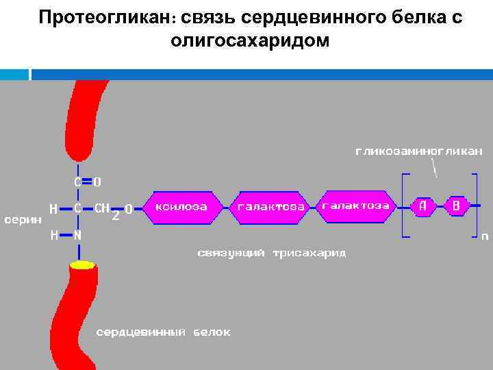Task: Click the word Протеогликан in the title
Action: pos(106,17)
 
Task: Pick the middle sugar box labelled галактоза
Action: pos(272,206)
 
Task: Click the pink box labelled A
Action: pos(423,205)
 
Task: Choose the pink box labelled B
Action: pos(457,205)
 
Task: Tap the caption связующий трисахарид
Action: pos(272,253)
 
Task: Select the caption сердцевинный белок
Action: pos(162,332)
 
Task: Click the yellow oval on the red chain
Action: pos(82,264)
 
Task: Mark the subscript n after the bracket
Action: pos(484,237)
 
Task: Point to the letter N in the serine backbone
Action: pos(77,235)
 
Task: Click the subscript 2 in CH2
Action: pos(116,215)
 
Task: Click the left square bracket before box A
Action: pos(405,205)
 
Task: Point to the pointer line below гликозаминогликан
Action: pos(434,167)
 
